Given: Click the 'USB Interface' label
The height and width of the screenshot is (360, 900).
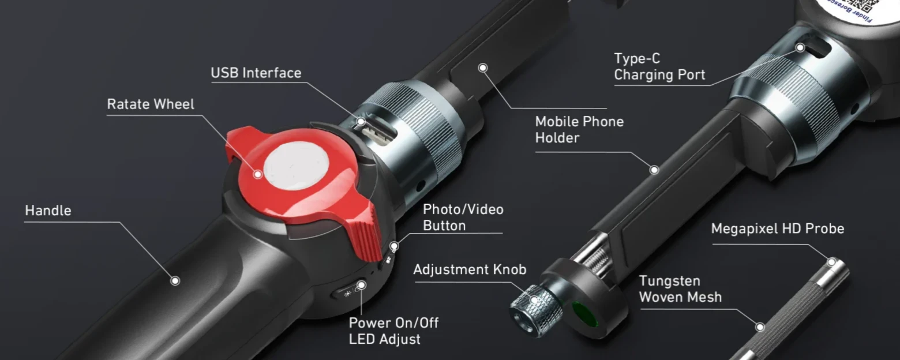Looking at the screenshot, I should pyautogui.click(x=256, y=73).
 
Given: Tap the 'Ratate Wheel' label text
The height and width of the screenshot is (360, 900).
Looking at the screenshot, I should pyautogui.click(x=151, y=104).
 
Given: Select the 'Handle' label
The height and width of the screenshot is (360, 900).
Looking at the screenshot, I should pyautogui.click(x=48, y=211).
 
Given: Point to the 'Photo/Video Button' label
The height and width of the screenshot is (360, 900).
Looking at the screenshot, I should pyautogui.click(x=463, y=217).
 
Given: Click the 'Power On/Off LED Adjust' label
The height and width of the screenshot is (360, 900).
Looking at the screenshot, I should pyautogui.click(x=393, y=331).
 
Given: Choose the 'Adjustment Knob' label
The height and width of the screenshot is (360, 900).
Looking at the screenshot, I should pyautogui.click(x=469, y=269).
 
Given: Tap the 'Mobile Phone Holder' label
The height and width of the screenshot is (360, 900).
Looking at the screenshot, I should pyautogui.click(x=579, y=130).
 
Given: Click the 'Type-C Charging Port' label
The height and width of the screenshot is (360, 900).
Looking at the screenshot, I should pyautogui.click(x=659, y=66).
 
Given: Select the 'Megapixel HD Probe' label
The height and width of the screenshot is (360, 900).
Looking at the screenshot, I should pyautogui.click(x=777, y=229).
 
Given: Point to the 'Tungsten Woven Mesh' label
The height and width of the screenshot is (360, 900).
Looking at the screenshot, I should pyautogui.click(x=680, y=289).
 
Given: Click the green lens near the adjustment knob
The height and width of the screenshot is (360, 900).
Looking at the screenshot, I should pyautogui.click(x=584, y=313).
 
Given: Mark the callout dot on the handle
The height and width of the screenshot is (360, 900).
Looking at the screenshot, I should pyautogui.click(x=175, y=280).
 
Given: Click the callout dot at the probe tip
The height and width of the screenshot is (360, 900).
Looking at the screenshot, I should pyautogui.click(x=831, y=262).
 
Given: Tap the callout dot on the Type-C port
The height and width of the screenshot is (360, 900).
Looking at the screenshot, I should pyautogui.click(x=800, y=48).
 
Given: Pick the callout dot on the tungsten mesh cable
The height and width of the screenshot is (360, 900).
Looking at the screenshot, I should pyautogui.click(x=760, y=327).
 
